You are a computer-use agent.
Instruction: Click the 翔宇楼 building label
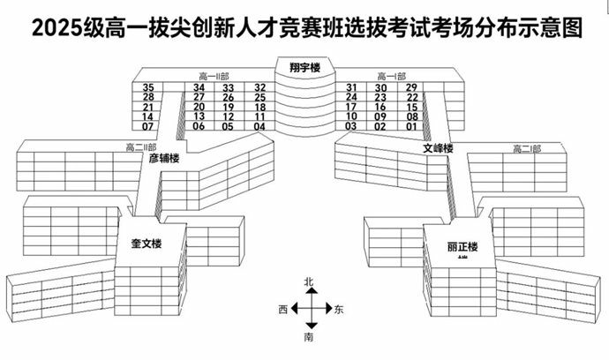point(304,66)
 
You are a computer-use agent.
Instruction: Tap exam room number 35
point(147,87)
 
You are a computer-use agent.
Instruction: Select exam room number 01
point(411,126)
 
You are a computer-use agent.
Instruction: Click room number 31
point(351,87)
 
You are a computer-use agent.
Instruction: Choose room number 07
point(147,126)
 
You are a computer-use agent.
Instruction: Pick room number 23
point(381,97)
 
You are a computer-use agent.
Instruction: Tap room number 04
point(259,126)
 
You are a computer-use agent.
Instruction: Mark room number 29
point(411,87)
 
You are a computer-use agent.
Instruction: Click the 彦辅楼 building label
point(164,159)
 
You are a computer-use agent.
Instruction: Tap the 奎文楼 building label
point(148,241)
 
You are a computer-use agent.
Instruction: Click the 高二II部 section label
point(140,146)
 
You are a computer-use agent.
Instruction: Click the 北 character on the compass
point(309,281)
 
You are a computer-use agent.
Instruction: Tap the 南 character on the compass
point(309,337)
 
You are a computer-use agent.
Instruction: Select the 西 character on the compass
point(282,310)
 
